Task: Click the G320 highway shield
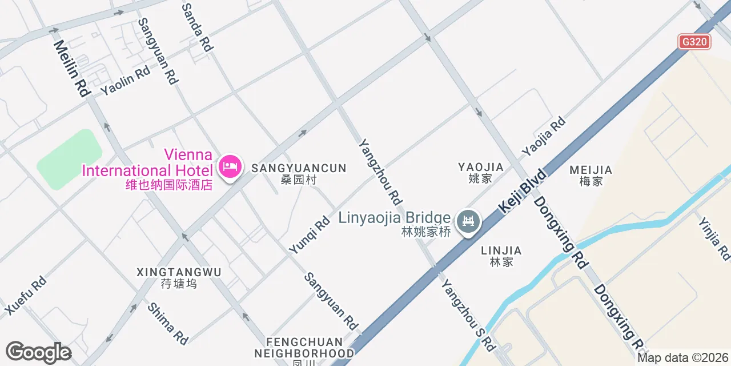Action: (694, 42)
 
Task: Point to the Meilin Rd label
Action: (72, 68)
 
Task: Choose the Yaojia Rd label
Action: (543, 137)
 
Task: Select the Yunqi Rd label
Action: (310, 234)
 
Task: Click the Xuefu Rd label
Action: (26, 295)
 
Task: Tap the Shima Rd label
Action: (168, 324)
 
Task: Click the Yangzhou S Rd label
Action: (468, 312)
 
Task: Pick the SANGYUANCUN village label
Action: (299, 173)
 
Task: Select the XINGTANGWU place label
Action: (179, 277)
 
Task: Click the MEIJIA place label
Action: (591, 175)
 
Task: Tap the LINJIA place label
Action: (501, 256)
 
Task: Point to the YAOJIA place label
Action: (480, 172)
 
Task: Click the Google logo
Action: (38, 352)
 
